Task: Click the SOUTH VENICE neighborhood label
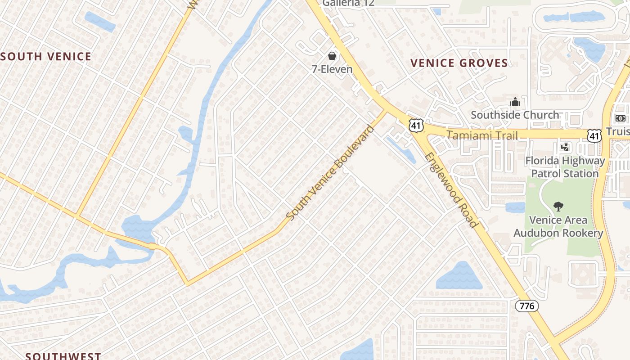pos(46,57)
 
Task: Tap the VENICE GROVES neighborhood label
pos(459,63)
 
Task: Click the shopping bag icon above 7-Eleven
pos(332,56)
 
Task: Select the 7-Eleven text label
pos(332,69)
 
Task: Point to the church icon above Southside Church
pos(515,102)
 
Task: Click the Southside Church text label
pos(515,115)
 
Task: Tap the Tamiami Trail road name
pos(482,135)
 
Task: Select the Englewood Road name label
pos(450,190)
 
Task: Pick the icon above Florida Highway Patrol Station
pos(565,147)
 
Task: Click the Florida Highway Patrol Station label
pos(565,167)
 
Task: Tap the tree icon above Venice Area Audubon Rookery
pos(558,207)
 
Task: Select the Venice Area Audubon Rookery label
pos(558,226)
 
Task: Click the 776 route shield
pos(526,306)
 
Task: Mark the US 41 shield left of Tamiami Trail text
pos(417,126)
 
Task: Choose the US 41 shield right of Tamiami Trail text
pos(594,135)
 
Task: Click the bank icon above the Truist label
pos(620,118)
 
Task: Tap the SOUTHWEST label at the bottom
pos(63,356)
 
